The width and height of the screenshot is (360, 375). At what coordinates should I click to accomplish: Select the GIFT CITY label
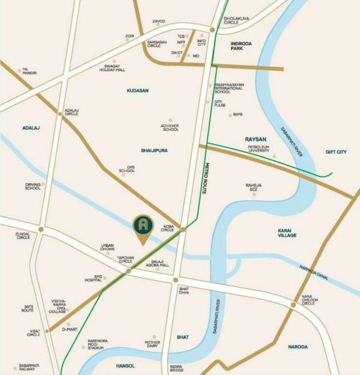click(x=339, y=152)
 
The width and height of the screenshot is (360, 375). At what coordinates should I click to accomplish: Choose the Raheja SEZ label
click(x=253, y=187)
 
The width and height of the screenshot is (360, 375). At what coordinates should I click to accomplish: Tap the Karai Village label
click(x=287, y=232)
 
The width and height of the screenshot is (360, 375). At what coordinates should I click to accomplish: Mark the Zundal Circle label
click(x=22, y=236)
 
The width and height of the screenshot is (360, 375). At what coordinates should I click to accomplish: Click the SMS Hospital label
click(x=94, y=278)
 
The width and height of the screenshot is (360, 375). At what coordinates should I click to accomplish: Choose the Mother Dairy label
click(x=152, y=344)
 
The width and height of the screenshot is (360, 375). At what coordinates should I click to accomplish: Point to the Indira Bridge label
click(x=176, y=367)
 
